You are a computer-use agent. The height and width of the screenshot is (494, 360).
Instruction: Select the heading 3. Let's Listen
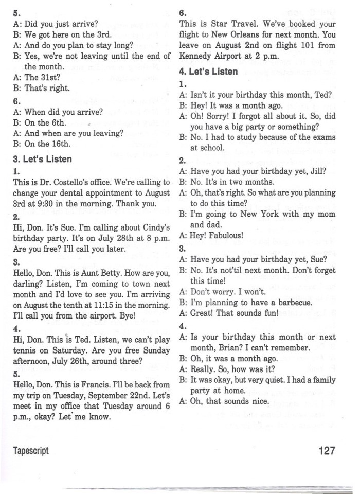tap(42, 159)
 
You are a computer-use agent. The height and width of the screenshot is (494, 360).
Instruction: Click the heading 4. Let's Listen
tap(208, 72)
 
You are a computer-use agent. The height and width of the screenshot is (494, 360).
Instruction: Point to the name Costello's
tap(86, 182)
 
